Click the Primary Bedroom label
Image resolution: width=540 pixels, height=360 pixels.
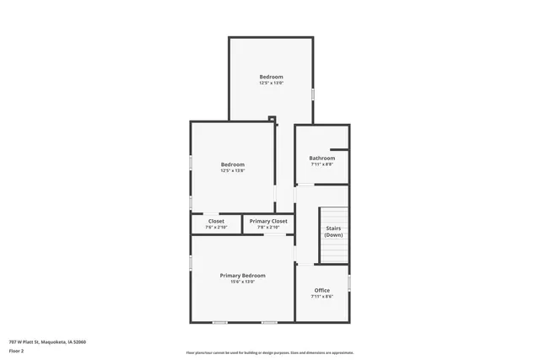[x=242, y=276]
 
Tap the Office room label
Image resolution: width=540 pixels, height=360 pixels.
[x=321, y=290]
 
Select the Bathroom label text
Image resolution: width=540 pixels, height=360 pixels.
[x=321, y=158]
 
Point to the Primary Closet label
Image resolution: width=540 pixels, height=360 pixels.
[x=268, y=221]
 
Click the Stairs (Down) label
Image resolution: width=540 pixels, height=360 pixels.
[x=334, y=231]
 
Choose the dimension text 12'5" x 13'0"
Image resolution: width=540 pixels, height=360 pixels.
[x=271, y=83]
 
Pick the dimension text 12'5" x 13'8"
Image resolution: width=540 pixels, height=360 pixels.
[x=232, y=171]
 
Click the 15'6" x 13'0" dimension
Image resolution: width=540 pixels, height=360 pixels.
[x=242, y=282]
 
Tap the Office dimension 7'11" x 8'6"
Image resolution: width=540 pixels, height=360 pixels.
[x=321, y=297]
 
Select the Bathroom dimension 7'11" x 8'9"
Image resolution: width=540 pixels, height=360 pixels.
[x=321, y=164]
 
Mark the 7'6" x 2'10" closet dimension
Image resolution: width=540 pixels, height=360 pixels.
[x=217, y=227]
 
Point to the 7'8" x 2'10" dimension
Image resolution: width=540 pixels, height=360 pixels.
[x=268, y=227]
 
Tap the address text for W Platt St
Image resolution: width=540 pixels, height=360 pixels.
[x=47, y=341]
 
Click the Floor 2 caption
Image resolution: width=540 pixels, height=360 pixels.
[x=17, y=349]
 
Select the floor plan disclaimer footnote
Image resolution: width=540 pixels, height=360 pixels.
[x=269, y=352]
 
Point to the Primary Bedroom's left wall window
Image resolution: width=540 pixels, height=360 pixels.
[x=191, y=264]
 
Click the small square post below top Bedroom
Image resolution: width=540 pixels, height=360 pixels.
[x=272, y=119]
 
